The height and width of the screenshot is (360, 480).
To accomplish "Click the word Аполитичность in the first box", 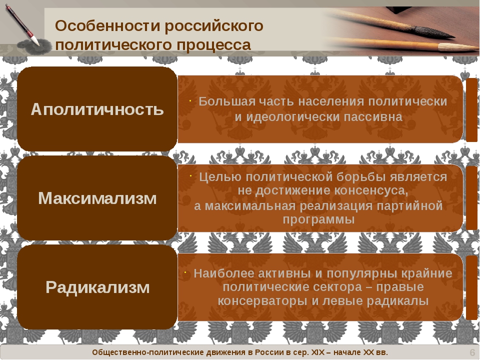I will coord(97,109).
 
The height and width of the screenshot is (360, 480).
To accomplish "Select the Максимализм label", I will coord(97,198).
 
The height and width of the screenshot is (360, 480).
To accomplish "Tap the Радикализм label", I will coord(97,287).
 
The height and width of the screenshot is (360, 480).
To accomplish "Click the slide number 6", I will coord(471,353).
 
